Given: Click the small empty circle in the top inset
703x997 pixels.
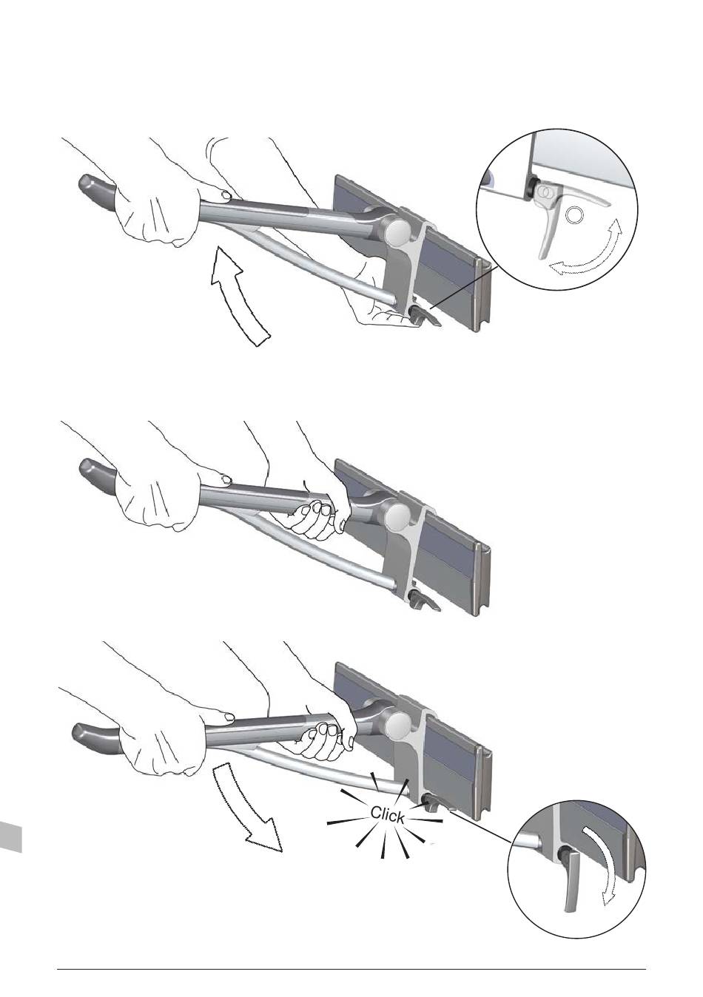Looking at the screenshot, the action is [573, 216].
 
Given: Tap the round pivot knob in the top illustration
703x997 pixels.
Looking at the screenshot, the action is [399, 233].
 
